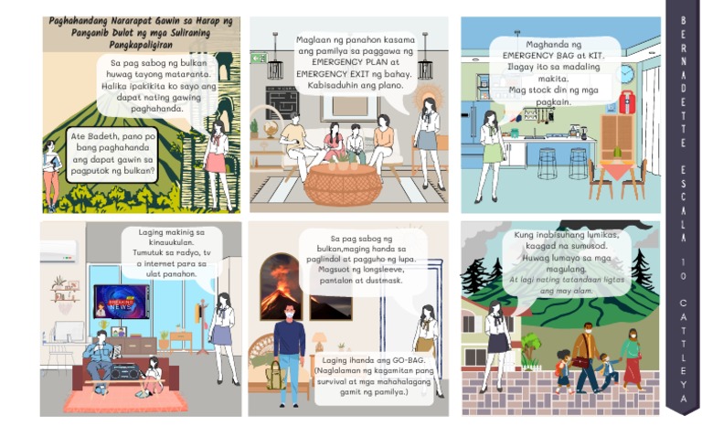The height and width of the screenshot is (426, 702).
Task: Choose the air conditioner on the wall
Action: point(59,250)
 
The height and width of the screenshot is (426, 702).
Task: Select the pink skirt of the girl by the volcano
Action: point(216,164)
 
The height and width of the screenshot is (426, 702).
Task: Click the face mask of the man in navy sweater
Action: point(288,313)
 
